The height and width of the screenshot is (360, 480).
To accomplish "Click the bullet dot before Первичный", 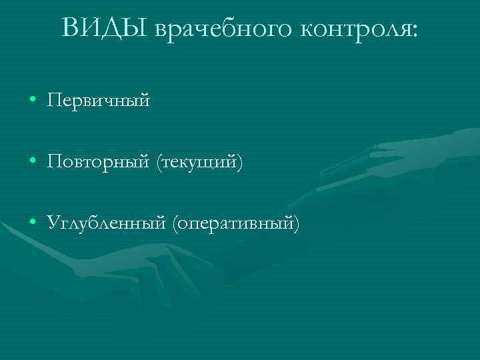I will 33,101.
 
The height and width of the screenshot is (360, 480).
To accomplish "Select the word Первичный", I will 99,101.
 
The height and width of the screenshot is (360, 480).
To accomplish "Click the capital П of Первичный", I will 54,101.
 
